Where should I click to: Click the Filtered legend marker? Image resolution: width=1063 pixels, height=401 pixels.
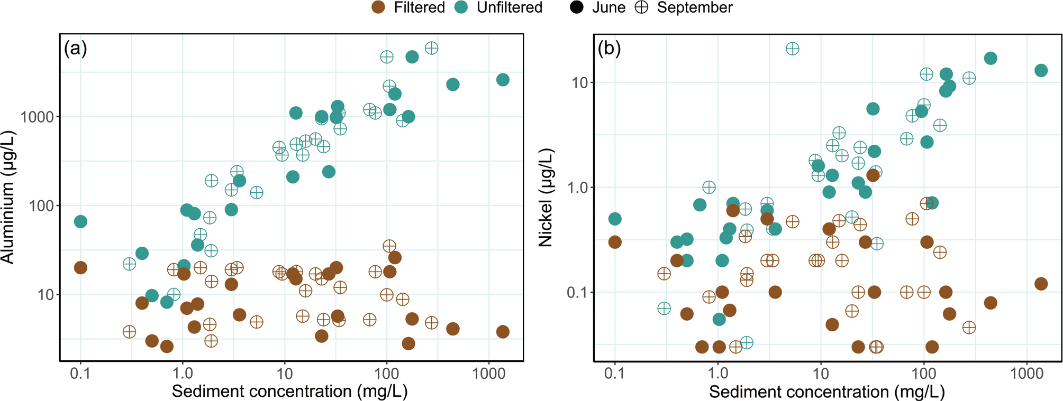tap(378, 7)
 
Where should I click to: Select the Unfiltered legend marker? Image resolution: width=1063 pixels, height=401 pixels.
tap(461, 7)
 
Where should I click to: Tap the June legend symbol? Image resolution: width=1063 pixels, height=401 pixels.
tap(577, 7)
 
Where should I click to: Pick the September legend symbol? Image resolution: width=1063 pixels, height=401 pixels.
tap(641, 7)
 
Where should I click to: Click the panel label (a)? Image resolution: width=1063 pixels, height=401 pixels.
tap(75, 49)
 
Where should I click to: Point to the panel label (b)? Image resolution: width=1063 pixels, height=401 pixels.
tap(609, 49)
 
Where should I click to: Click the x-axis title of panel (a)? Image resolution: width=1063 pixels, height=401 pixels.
tap(289, 391)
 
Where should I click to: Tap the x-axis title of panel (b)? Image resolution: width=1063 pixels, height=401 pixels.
tap(826, 391)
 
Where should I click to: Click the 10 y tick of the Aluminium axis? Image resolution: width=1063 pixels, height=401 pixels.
tap(46, 295)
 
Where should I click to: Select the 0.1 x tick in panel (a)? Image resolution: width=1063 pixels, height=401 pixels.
tap(80, 374)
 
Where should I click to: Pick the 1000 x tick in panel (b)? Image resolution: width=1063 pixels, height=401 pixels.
tap(1026, 374)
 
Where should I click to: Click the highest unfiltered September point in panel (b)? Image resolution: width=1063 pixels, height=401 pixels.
tap(792, 49)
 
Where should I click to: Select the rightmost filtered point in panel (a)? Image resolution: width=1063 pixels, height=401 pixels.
tap(503, 332)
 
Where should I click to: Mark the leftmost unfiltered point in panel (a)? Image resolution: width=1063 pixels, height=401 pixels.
tap(80, 221)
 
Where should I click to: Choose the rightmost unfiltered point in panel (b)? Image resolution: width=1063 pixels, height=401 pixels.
tap(1041, 71)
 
